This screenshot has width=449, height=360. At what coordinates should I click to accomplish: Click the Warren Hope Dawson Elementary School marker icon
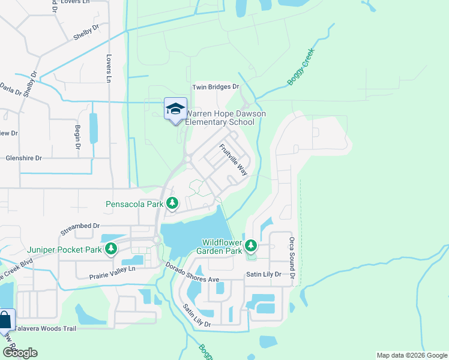(175, 109)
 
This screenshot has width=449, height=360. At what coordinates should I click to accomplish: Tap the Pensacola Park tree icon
(172, 204)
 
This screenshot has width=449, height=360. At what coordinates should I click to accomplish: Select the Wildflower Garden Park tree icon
(251, 245)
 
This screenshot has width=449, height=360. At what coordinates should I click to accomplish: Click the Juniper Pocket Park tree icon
(110, 248)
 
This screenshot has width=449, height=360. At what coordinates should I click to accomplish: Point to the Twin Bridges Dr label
(215, 87)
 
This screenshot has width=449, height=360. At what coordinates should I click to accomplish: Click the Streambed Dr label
(80, 226)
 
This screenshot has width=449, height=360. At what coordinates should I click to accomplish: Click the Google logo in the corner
(19, 353)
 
